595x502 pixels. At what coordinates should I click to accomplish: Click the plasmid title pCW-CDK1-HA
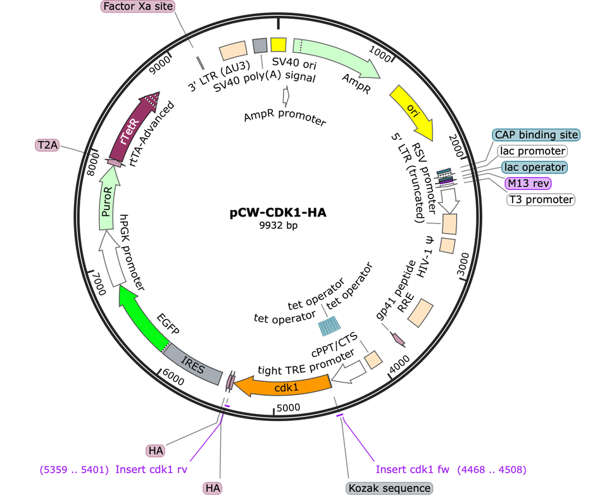278,213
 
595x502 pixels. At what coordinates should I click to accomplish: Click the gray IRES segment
192,363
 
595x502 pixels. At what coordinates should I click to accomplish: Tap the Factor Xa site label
137,7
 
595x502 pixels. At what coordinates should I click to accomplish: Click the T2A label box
47,146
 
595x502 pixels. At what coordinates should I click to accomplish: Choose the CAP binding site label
536,135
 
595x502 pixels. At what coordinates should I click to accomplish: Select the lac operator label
534,167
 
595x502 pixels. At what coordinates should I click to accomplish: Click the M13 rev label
528,184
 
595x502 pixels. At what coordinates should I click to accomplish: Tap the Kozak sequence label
389,488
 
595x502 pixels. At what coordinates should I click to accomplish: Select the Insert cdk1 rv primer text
152,470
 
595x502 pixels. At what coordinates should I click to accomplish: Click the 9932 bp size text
278,225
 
